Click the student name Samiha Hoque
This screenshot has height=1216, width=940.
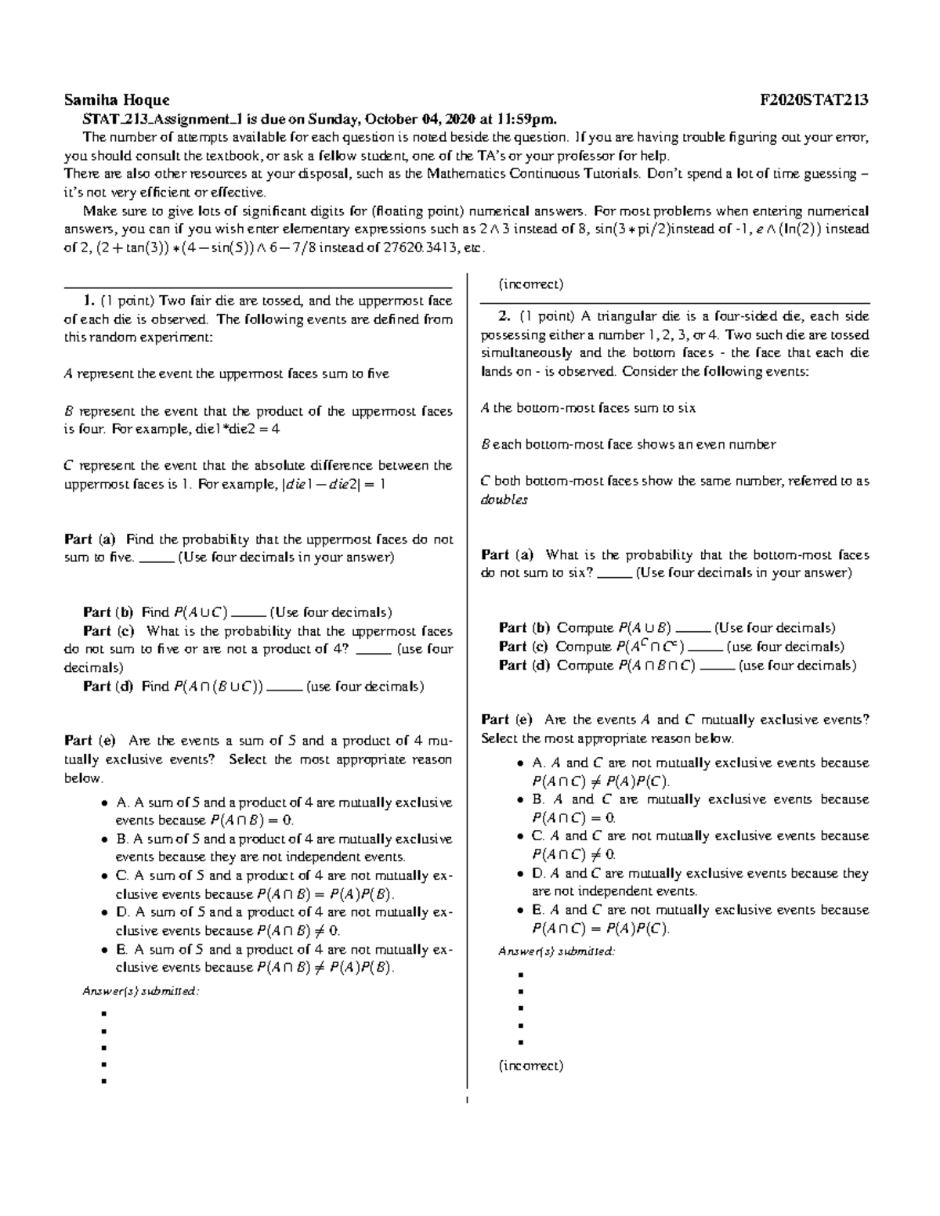coord(117,100)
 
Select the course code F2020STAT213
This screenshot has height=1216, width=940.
coord(814,100)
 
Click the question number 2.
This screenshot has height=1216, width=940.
coord(505,316)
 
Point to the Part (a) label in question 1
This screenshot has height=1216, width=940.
coord(90,539)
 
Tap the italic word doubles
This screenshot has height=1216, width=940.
coord(504,500)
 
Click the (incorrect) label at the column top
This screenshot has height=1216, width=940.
coord(530,284)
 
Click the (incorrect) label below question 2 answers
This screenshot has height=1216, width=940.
coord(530,1066)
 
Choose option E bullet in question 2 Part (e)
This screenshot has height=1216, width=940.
coord(521,911)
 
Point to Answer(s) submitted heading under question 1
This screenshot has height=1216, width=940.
coord(141,991)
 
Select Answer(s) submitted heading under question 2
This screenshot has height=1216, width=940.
coord(557,951)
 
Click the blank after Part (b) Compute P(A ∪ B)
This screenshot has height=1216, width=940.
coord(692,629)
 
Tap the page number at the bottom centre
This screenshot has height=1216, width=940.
coord(467,1102)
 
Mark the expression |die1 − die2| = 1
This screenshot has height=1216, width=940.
coord(334,484)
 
